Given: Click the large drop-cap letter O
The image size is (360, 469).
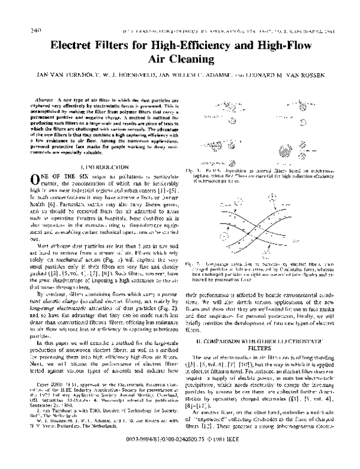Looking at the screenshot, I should (x=34, y=178).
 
